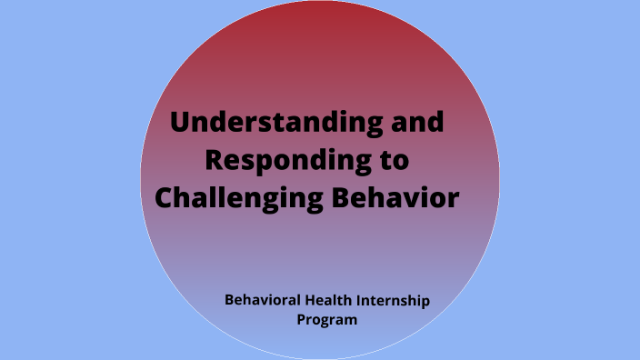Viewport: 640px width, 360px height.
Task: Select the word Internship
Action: point(395,300)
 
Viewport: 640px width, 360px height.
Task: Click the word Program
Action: point(327,320)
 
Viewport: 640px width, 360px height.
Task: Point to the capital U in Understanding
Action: point(181,122)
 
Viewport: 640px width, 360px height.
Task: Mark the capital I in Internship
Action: point(363,300)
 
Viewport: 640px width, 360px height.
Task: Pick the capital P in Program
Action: point(301,319)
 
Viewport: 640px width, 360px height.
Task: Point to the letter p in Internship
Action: point(425,302)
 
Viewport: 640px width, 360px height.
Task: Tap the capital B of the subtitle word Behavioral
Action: point(228,300)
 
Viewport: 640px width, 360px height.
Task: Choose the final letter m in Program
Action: point(351,321)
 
